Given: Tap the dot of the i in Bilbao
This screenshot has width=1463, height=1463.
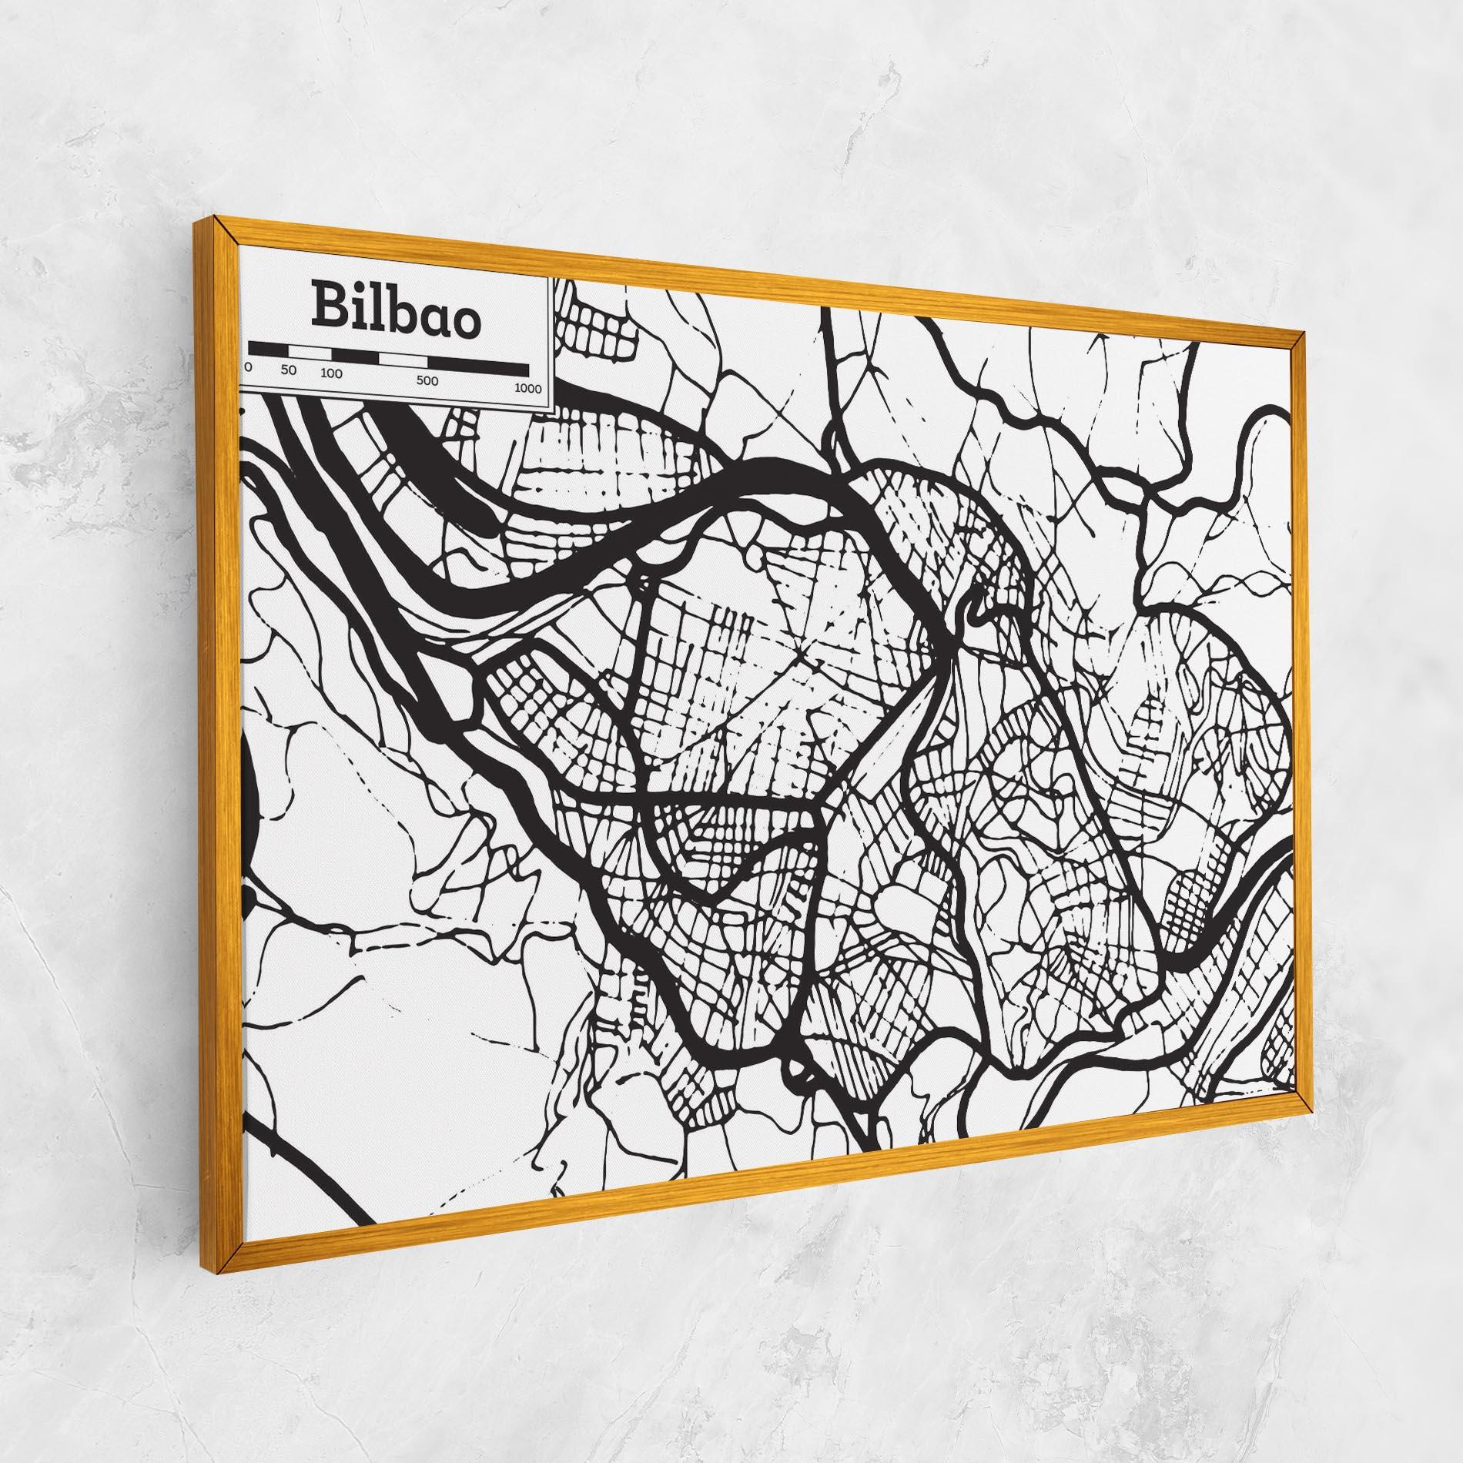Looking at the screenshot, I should [x=358, y=287].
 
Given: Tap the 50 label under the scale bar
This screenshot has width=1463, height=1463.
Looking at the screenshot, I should [x=289, y=370].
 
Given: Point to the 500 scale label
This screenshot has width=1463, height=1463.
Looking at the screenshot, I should [x=427, y=381].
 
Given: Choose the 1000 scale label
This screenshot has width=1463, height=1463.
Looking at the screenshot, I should [x=528, y=389].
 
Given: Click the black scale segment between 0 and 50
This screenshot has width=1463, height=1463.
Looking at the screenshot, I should [x=268, y=350].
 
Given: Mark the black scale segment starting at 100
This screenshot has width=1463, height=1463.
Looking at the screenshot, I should [x=355, y=357].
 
